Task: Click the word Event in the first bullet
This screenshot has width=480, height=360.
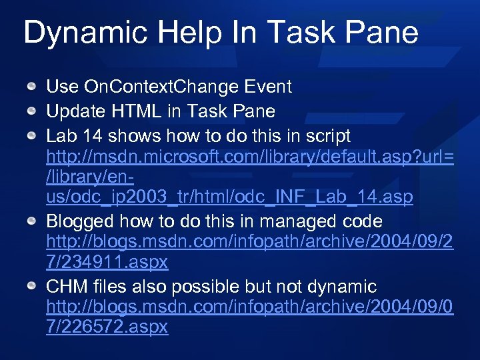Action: click(x=268, y=87)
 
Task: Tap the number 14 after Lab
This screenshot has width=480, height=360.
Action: click(x=93, y=136)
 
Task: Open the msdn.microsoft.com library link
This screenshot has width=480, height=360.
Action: click(x=250, y=157)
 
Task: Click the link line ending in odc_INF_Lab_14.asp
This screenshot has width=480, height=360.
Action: click(x=229, y=197)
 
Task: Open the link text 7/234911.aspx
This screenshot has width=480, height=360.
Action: click(x=107, y=263)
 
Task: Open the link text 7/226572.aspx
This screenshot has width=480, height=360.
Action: click(x=107, y=327)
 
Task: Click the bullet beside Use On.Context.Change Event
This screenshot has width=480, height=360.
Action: click(x=31, y=87)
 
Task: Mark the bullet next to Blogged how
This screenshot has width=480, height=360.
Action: click(x=31, y=221)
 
